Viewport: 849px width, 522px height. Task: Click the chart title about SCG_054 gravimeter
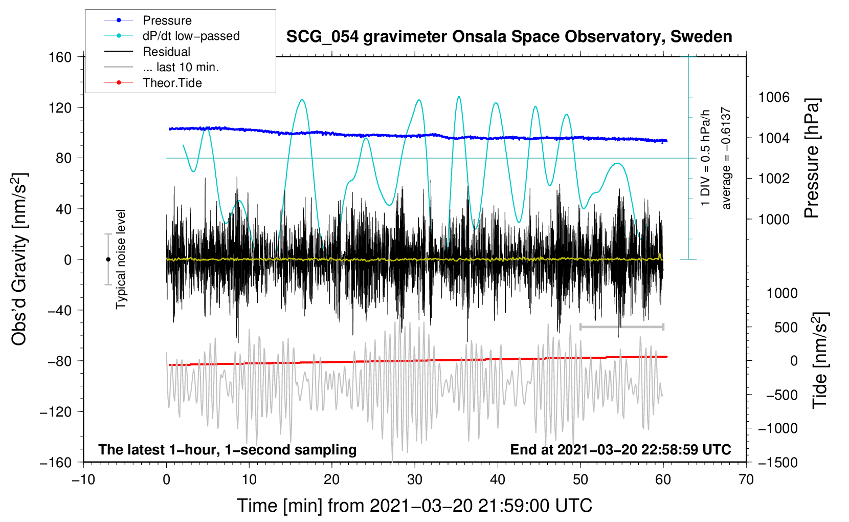[509, 37]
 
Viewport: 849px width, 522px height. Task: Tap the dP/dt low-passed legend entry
[191, 36]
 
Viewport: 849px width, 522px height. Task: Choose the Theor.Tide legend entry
[172, 83]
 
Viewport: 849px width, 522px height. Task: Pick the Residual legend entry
[166, 52]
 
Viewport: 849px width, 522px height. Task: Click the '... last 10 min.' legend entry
[181, 67]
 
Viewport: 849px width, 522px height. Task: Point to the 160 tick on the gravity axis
[60, 57]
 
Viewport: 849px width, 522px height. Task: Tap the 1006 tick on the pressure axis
[774, 97]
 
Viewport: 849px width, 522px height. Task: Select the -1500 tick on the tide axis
[777, 462]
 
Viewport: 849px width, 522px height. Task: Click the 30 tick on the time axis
[415, 480]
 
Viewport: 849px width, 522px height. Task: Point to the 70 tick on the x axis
[746, 480]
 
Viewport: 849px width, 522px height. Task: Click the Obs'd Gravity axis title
[19, 259]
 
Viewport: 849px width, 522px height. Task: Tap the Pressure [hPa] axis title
[812, 159]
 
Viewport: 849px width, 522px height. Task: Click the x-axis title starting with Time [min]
[414, 506]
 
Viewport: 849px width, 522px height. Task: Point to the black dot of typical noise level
[108, 259]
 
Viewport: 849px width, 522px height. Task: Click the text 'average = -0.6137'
[726, 159]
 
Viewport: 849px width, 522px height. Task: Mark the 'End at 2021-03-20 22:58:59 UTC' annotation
[620, 449]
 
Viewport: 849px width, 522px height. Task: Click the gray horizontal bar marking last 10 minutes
[621, 327]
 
